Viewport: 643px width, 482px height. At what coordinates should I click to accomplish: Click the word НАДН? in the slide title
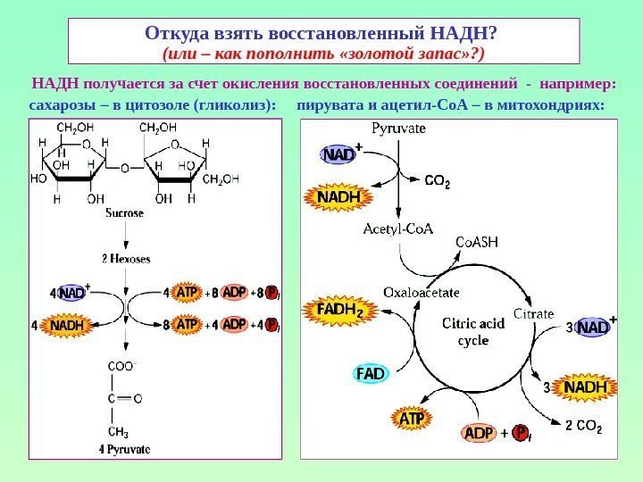point(463,33)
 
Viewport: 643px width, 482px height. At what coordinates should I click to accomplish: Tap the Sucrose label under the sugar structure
point(124,214)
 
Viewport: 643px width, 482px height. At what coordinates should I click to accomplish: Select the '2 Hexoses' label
point(125,259)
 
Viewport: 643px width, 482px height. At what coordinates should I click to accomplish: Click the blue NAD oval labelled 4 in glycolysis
point(72,293)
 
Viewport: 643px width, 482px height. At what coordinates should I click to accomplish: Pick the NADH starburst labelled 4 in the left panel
point(67,326)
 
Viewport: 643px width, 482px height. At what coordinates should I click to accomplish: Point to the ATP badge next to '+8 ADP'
point(187,292)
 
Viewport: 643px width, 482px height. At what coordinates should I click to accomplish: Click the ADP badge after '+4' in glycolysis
point(234,324)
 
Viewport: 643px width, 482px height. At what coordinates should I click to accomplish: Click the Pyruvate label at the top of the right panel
point(398,128)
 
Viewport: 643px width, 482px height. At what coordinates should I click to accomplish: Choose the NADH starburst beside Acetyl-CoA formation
point(336,195)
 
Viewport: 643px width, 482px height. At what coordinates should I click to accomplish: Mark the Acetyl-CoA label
point(398,229)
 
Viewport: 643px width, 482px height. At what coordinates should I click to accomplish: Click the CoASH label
point(477,243)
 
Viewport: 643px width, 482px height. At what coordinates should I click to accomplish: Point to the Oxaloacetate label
point(422,291)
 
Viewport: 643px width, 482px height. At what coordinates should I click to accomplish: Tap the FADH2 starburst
point(339,311)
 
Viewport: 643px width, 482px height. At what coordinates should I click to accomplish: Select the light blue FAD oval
point(372,373)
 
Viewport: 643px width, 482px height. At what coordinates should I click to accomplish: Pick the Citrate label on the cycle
point(533,313)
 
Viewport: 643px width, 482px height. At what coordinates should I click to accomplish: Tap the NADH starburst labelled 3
point(585,387)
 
